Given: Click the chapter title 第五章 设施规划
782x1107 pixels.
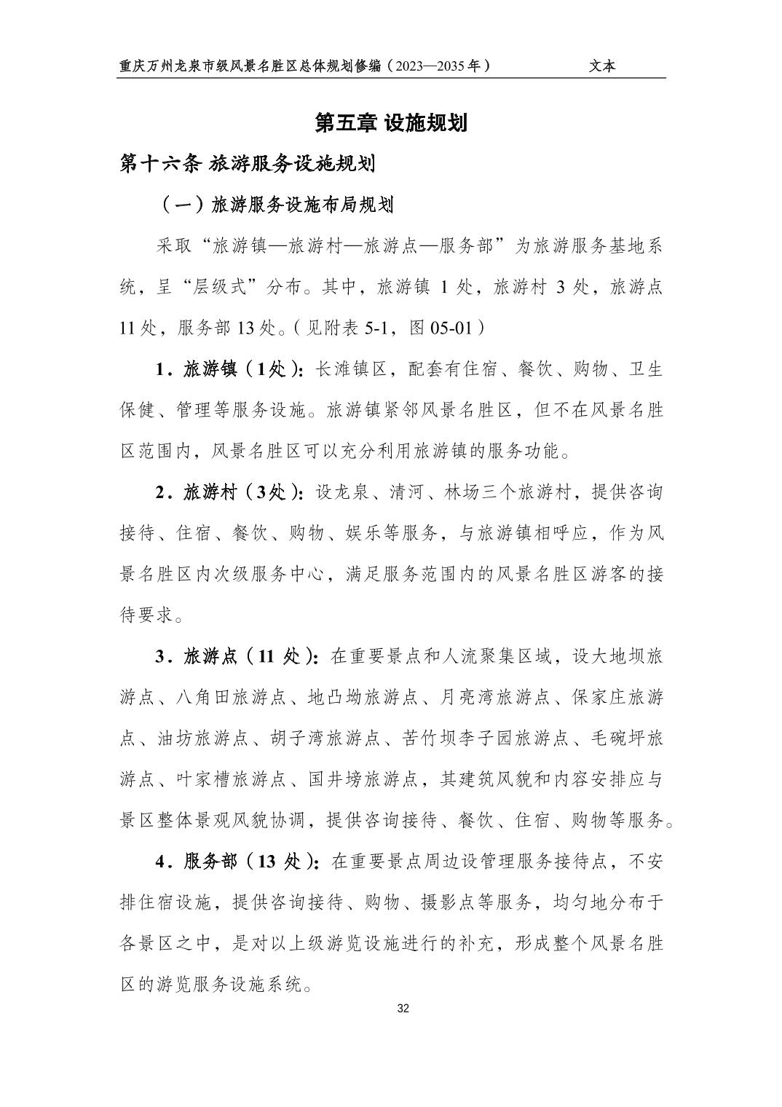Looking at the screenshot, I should pos(390,123).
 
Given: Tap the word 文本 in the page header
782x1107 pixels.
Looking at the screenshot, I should pos(602,66).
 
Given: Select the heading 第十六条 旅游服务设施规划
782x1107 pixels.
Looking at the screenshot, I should pos(248,164).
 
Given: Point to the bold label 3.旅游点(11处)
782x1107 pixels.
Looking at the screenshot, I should pos(237,657).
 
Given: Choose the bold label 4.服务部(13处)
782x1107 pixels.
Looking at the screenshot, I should pos(237,862).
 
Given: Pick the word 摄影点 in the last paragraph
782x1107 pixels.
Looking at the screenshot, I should pos(447,903).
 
